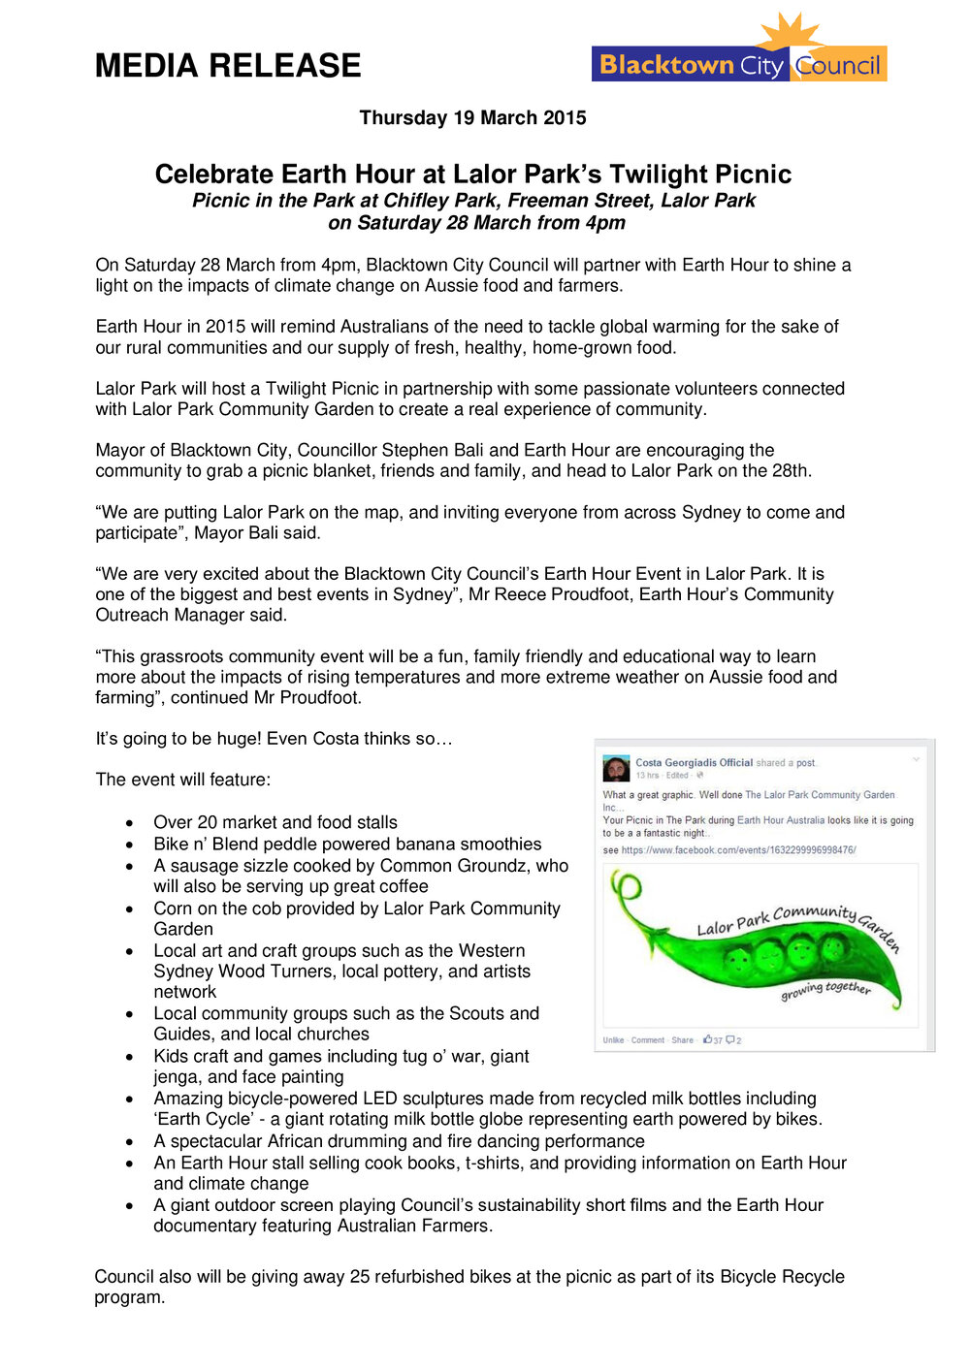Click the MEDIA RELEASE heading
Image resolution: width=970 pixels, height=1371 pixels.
tap(228, 66)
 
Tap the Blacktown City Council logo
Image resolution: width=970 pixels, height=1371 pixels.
tap(739, 65)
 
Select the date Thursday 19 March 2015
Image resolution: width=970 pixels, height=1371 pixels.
tap(472, 118)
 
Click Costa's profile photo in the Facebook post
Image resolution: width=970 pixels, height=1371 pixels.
tap(616, 769)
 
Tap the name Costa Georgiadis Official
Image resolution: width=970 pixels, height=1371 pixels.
tap(694, 763)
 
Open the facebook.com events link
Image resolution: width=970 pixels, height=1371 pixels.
tap(738, 850)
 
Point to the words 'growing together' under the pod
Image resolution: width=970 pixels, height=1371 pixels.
tap(825, 990)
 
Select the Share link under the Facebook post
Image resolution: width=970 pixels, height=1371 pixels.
tap(682, 1040)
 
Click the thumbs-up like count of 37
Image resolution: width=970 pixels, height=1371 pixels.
tap(713, 1040)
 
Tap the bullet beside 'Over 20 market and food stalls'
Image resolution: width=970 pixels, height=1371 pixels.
tap(129, 823)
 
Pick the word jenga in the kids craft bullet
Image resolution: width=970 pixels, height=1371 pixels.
tap(178, 1077)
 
